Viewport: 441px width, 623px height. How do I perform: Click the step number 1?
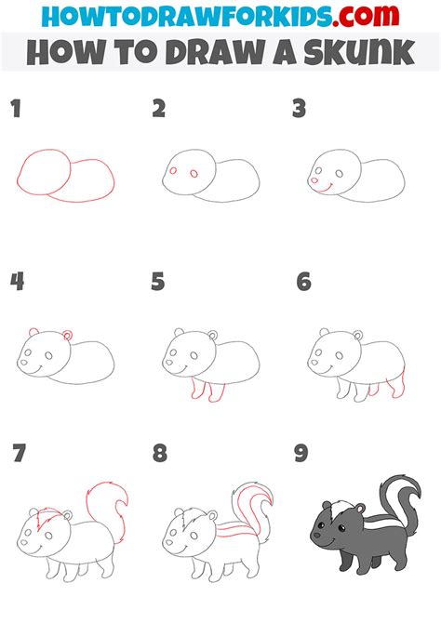pos(16,109)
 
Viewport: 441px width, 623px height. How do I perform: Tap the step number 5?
pos(158,282)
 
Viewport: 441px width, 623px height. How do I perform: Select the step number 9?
pos(301,453)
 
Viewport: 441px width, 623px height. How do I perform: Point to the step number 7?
pos(20,453)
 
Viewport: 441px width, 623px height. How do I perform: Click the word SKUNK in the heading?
pos(359,52)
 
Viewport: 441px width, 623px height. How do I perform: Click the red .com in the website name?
pos(366,16)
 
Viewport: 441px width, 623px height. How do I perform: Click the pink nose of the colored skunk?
pos(316,535)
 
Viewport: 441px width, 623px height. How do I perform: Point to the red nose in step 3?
pos(314,180)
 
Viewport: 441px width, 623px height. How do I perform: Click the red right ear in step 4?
pos(67,335)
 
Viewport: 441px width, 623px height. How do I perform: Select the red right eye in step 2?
pos(194,174)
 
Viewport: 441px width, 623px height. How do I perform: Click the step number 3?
pos(299,109)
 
